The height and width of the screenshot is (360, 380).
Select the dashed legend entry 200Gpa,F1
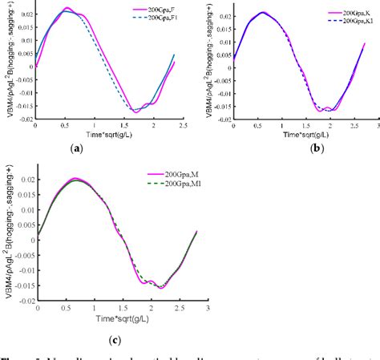160,20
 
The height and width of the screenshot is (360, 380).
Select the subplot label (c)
116,340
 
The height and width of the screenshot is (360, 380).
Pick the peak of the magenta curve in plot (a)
67,9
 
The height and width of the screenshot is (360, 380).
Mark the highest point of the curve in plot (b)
262,12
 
